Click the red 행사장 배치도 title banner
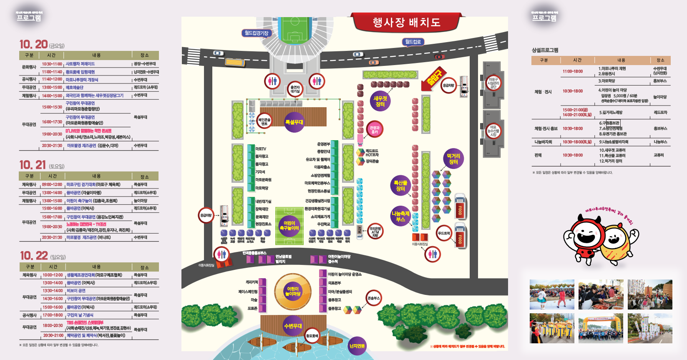(407, 22)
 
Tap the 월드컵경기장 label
(256, 33)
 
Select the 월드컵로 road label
(413, 42)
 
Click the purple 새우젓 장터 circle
(380, 101)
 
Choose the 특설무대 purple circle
(294, 122)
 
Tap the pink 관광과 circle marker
(375, 130)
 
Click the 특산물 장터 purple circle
(400, 186)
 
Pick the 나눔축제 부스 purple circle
(400, 216)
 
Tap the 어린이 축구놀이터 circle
(289, 225)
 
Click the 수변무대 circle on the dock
(293, 326)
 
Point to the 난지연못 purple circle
(357, 346)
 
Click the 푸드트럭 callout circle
(443, 234)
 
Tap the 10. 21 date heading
(33, 165)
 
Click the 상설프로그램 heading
(545, 50)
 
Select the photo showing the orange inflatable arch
(601, 328)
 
